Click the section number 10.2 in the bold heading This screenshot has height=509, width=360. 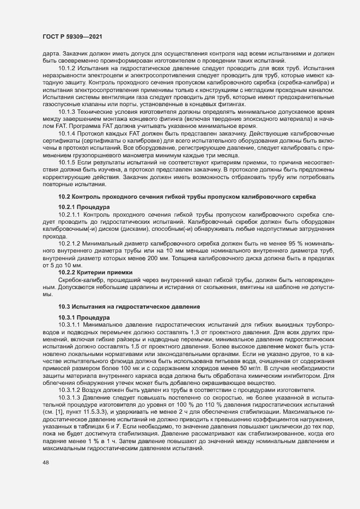pyautogui.click(x=64, y=195)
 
